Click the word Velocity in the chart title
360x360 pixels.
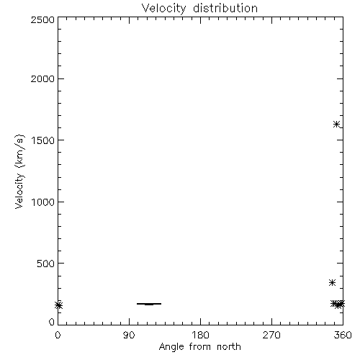point(164,9)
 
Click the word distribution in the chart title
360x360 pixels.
point(225,8)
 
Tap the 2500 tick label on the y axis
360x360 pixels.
point(42,19)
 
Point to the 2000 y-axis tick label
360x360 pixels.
point(42,78)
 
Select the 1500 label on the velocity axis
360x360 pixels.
point(43,140)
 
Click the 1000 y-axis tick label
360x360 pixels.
point(43,202)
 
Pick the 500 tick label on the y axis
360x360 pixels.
point(46,264)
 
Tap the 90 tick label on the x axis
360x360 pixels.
point(129,335)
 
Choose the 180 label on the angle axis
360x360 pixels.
point(200,335)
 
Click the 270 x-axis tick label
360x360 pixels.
point(271,335)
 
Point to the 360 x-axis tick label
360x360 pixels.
point(343,335)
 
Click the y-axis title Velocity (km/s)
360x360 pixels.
point(19,171)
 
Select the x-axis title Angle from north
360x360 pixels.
point(200,347)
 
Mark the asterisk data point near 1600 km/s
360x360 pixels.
point(336,125)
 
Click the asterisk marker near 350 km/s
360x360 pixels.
point(332,283)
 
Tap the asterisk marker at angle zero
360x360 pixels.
point(58,305)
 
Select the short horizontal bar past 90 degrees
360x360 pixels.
point(149,304)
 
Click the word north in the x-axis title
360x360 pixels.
point(229,347)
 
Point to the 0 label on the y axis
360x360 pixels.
point(52,322)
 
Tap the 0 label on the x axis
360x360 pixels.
point(58,335)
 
